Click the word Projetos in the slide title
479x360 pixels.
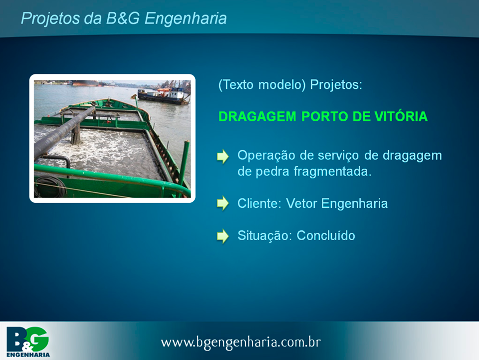(50, 18)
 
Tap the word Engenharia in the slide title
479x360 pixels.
(186, 18)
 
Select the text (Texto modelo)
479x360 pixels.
(262, 85)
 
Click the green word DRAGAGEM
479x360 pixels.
(257, 116)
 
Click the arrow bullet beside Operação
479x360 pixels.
(223, 156)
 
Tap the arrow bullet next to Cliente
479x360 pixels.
(223, 203)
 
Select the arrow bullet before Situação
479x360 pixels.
(223, 236)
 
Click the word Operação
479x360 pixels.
(266, 156)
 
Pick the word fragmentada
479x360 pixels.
(332, 171)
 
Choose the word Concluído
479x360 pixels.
(326, 236)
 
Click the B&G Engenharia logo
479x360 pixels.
(28, 342)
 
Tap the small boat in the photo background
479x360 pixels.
(164, 95)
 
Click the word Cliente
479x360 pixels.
(259, 204)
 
